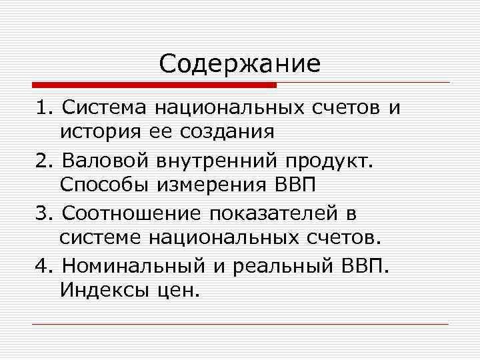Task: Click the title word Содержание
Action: (240, 64)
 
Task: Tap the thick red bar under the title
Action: (154, 85)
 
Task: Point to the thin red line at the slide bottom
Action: (240, 324)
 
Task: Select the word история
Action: (96, 130)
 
